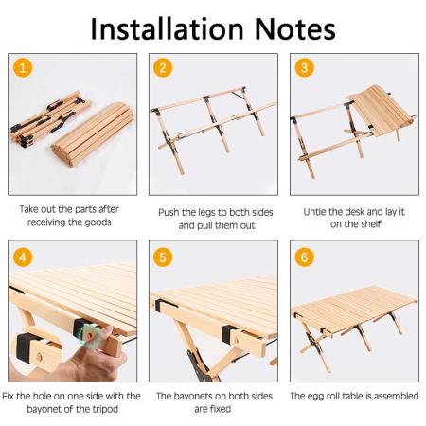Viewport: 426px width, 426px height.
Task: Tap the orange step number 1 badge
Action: [x=23, y=68]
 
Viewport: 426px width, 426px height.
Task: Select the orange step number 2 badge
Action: [x=164, y=68]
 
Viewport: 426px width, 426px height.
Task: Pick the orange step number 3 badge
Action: [x=305, y=68]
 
